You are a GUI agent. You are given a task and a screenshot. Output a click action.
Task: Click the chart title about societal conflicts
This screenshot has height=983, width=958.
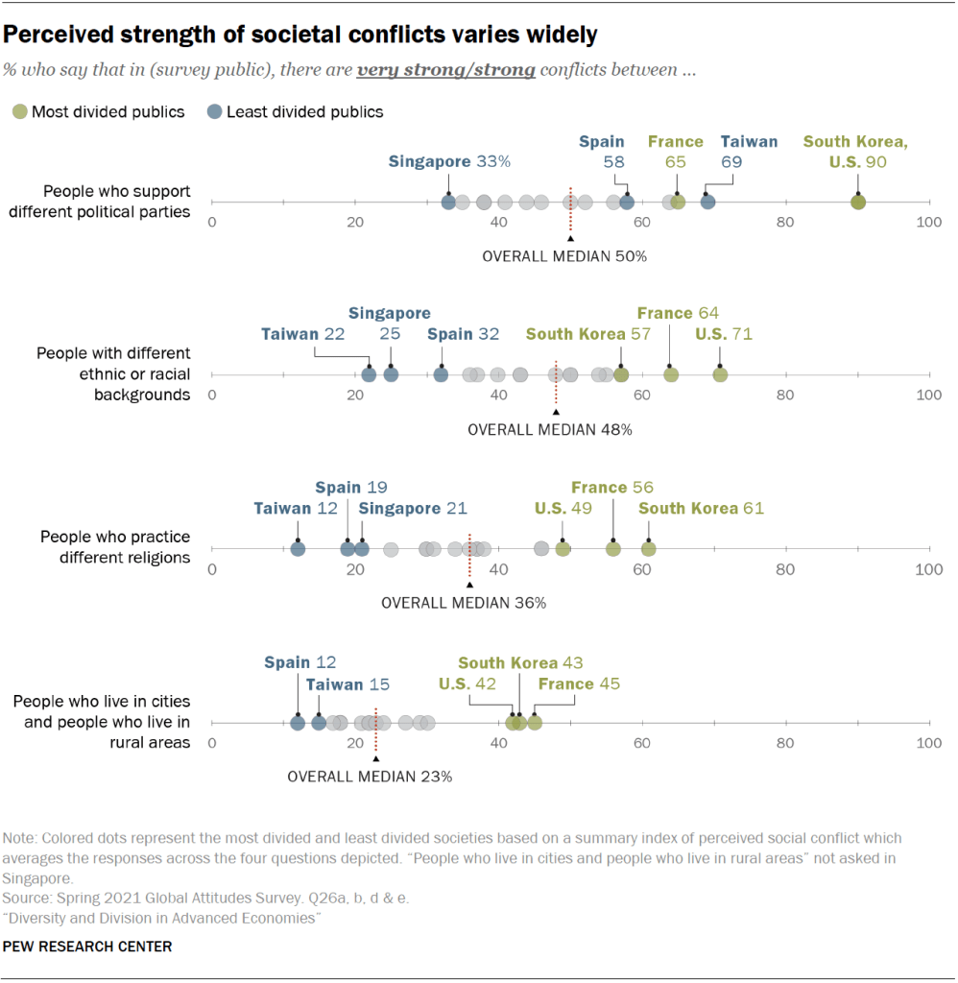pos(300,36)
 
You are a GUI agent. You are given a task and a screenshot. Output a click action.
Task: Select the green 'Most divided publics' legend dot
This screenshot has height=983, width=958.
pos(18,111)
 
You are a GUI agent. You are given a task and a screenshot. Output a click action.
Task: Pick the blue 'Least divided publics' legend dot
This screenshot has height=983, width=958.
pos(213,111)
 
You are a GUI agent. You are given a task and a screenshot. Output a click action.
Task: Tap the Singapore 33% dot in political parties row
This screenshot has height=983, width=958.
pos(448,202)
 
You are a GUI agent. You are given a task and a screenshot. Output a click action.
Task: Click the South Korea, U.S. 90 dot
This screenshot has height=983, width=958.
pos(858,202)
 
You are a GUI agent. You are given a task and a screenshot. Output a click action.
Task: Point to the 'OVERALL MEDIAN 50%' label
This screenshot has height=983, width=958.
pos(564,256)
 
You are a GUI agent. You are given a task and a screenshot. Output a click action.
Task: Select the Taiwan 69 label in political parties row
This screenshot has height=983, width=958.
pos(749,152)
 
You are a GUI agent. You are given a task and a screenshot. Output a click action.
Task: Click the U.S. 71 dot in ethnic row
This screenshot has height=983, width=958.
pos(720,374)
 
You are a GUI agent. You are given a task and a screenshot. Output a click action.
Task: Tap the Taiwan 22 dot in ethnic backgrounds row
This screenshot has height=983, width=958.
pos(369,374)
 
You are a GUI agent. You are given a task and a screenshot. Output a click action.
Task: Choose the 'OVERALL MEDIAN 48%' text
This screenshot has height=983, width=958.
pos(549,429)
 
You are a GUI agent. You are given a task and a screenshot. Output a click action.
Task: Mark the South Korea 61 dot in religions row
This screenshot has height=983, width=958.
pos(649,548)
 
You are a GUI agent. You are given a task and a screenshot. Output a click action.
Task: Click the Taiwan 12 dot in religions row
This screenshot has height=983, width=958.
pos(298,548)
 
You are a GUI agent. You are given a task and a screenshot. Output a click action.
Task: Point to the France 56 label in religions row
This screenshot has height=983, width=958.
pos(611,487)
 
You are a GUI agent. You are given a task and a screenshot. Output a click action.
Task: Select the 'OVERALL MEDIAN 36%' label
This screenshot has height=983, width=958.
pos(464,603)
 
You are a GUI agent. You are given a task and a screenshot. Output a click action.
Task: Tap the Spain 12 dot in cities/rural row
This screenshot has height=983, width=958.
pos(298,722)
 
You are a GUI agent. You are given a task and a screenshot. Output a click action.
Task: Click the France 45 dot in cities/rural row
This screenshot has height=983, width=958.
pos(535,722)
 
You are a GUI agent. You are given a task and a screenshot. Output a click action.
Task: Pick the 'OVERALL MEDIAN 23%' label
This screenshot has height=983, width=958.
pos(370,777)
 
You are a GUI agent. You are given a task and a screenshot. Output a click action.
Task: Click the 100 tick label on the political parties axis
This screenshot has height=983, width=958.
pos(928,222)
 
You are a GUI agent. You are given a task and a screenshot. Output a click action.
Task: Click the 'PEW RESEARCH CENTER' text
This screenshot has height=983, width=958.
pos(87,947)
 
